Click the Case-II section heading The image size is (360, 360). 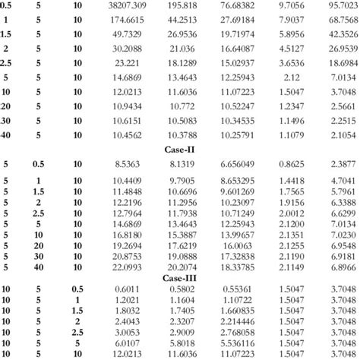[179, 151]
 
